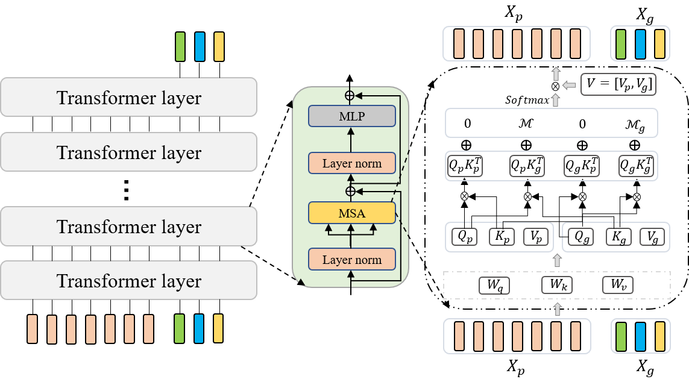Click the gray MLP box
pos(352,116)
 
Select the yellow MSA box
pos(352,213)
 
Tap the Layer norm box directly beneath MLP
pos(352,163)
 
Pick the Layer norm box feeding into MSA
pos(352,260)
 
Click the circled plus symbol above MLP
pos(349,95)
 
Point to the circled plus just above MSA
pos(350,191)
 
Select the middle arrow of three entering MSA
pos(351,228)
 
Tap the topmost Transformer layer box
pos(128,97)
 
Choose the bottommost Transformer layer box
pos(128,280)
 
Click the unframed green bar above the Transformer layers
pos(180,46)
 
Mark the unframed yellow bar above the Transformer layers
pos(219,46)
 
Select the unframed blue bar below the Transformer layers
pos(199,328)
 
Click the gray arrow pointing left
pos(568,86)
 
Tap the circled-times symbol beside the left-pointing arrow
pos(556,86)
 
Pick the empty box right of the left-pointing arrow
pos(618,84)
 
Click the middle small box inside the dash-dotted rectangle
pos(556,286)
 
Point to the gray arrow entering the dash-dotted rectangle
pos(557,309)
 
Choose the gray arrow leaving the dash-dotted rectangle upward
pos(557,260)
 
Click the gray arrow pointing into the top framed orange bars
pos(556,73)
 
